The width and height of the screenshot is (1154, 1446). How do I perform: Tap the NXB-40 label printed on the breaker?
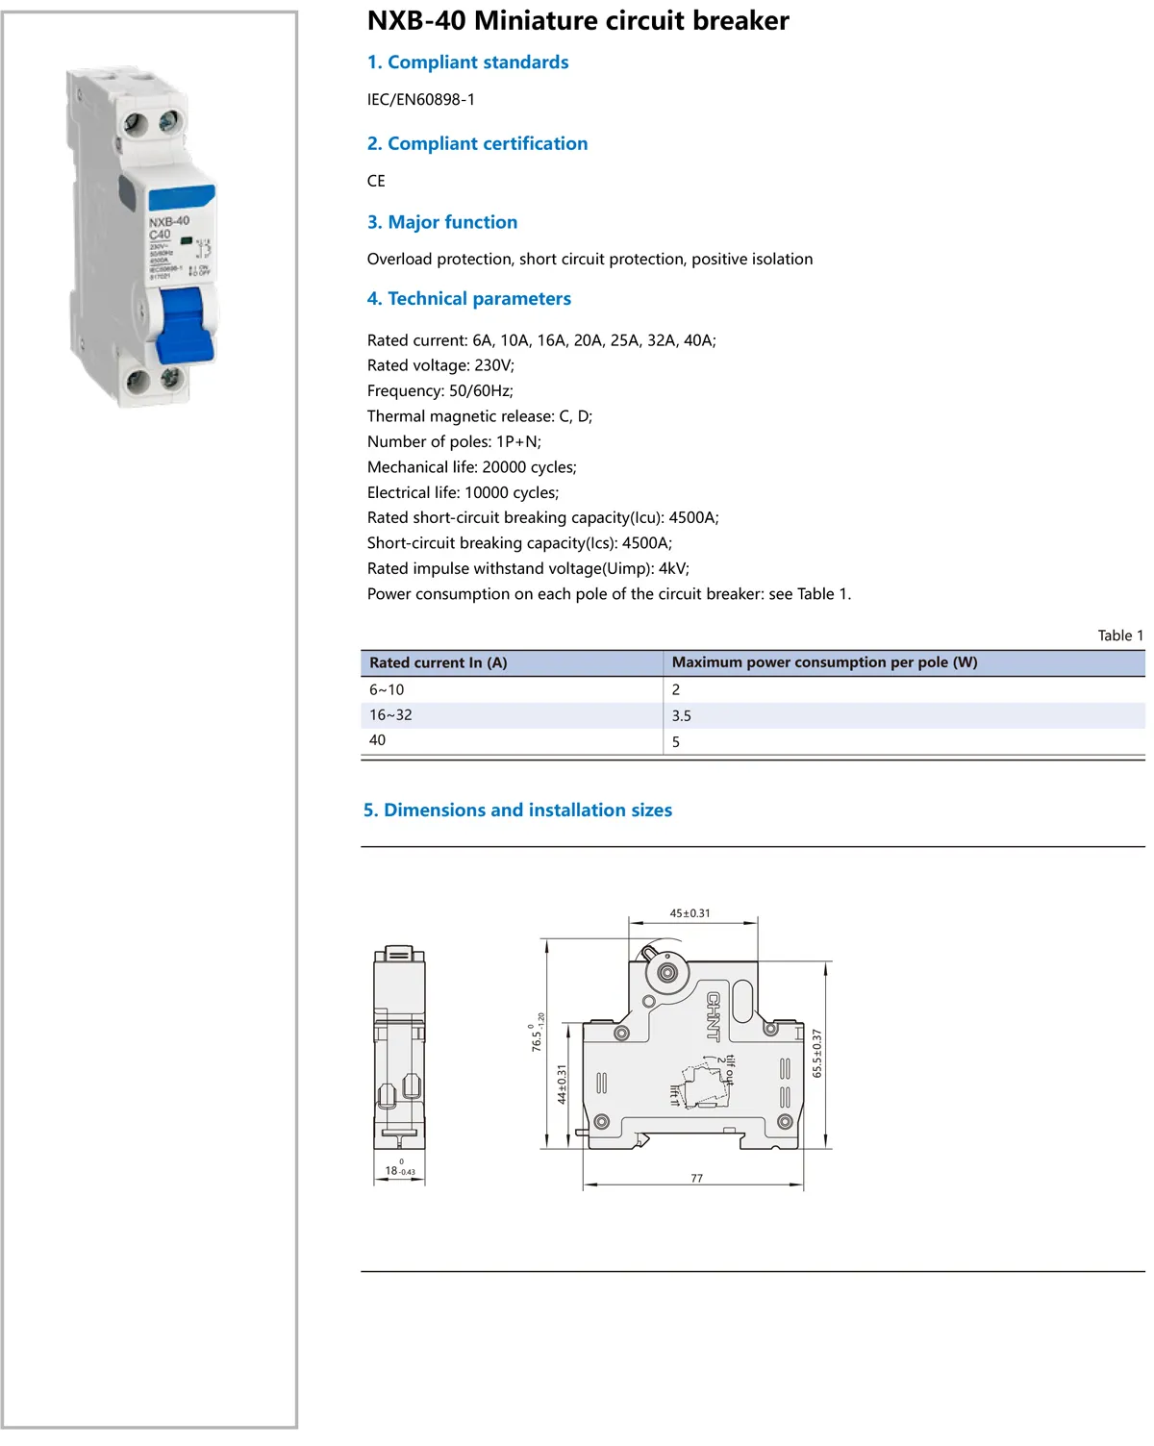(x=169, y=221)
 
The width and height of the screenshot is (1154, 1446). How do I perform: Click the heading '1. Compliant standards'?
(x=467, y=62)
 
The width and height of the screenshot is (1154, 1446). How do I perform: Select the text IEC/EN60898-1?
(x=421, y=99)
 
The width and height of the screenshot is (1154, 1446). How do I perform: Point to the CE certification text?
(x=376, y=181)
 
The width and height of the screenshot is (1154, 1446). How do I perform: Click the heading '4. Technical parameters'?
(x=468, y=299)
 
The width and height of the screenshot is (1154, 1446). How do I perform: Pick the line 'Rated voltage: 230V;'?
(x=440, y=365)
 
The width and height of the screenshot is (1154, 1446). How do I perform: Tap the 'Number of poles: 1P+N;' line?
(x=454, y=441)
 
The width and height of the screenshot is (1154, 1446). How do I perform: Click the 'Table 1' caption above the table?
(x=1120, y=636)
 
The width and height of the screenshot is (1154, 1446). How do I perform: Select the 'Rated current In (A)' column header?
(x=438, y=662)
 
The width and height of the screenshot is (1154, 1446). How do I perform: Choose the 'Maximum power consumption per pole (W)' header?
(x=824, y=662)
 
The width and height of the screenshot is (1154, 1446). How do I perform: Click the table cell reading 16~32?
(x=390, y=715)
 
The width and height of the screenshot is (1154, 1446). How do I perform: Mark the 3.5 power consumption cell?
(x=681, y=716)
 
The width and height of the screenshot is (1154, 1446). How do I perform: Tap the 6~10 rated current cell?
(x=387, y=690)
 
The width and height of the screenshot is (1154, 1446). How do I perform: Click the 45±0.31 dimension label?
(x=690, y=913)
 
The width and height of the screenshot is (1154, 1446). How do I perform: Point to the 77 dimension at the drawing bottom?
(x=696, y=1179)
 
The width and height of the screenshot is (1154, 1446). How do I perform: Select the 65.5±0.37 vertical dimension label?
(x=817, y=1053)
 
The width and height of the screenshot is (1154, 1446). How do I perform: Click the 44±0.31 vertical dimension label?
(x=563, y=1084)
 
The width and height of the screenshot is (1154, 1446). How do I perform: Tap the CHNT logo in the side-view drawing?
(x=714, y=1016)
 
